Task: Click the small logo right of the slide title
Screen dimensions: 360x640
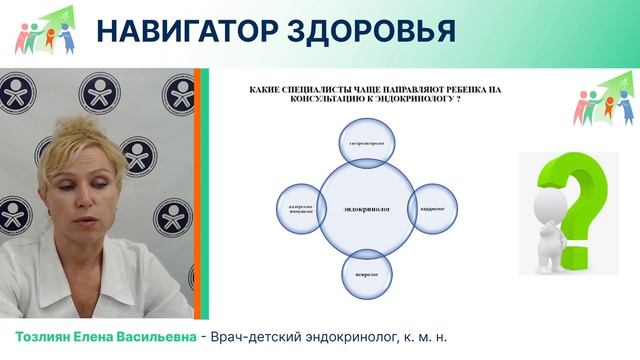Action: (x=604, y=99)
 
